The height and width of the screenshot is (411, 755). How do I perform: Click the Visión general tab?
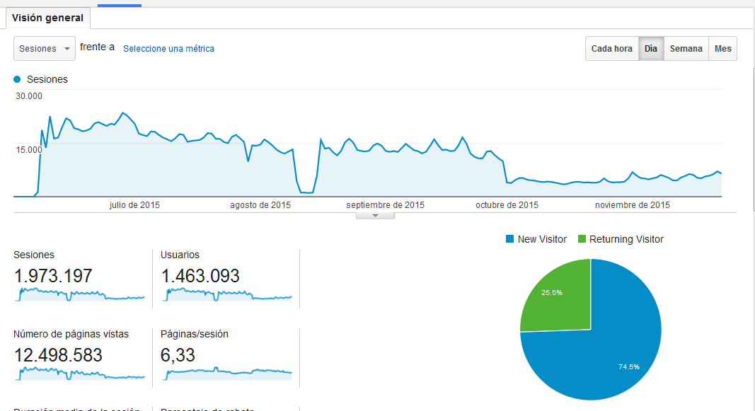[47, 18]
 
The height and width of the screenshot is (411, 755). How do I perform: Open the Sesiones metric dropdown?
[45, 49]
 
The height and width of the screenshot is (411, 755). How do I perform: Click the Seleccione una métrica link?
[168, 49]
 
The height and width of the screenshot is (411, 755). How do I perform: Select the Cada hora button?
[611, 49]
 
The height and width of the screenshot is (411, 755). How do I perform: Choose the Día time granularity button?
[651, 49]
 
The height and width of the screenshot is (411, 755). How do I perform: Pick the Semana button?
[686, 49]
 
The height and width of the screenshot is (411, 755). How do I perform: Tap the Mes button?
[722, 49]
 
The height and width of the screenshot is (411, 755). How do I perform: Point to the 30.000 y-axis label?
[30, 96]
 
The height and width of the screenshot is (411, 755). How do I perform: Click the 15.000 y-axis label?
[30, 149]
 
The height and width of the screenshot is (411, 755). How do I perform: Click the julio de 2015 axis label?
[134, 205]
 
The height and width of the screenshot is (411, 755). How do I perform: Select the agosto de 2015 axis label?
[260, 205]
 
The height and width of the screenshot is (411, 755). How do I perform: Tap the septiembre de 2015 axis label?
[385, 205]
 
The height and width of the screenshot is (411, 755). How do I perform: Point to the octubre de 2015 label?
[507, 205]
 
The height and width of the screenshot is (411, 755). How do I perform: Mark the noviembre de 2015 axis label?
[632, 205]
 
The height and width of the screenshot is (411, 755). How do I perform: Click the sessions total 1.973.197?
[53, 275]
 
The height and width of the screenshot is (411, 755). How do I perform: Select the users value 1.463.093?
[200, 275]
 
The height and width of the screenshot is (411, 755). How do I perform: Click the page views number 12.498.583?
[58, 354]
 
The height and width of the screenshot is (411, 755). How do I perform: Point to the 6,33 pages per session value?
[178, 354]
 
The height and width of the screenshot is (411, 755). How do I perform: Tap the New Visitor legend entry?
[536, 239]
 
